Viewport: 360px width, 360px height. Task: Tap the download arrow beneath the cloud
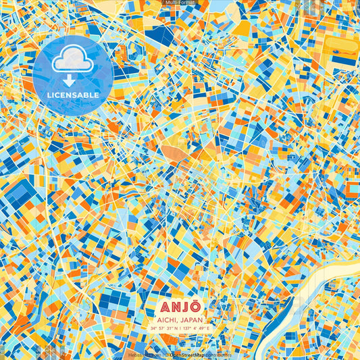[72, 80]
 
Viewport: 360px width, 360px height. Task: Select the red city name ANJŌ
[180, 306]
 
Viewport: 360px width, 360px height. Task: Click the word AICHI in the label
[167, 319]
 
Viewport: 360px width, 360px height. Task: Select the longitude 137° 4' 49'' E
[196, 328]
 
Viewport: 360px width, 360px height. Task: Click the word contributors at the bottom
[217, 355]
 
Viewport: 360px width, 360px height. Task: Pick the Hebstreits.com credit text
[143, 355]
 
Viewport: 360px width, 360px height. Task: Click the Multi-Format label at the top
[180, 3]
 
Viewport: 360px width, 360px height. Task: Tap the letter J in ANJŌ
[185, 306]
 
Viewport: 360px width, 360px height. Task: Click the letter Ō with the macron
[197, 306]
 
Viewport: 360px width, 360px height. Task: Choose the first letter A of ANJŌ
[161, 306]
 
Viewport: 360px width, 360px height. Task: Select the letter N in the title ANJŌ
[174, 306]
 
